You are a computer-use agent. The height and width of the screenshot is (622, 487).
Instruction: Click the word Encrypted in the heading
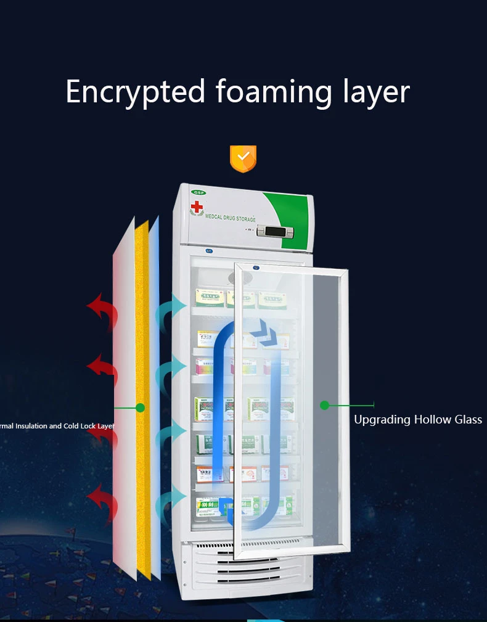click(x=135, y=92)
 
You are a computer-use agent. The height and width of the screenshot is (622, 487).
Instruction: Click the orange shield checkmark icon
click(x=243, y=158)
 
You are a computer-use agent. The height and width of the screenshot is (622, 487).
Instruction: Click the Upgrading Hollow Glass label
click(x=418, y=420)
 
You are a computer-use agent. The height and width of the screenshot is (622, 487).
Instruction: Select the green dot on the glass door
click(x=324, y=405)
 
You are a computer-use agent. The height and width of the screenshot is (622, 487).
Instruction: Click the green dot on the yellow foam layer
click(x=140, y=407)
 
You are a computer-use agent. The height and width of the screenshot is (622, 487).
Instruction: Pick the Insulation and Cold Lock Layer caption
click(x=57, y=426)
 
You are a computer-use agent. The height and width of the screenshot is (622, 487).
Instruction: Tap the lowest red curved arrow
click(x=102, y=501)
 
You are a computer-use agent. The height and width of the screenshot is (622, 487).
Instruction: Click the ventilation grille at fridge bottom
click(x=247, y=570)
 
